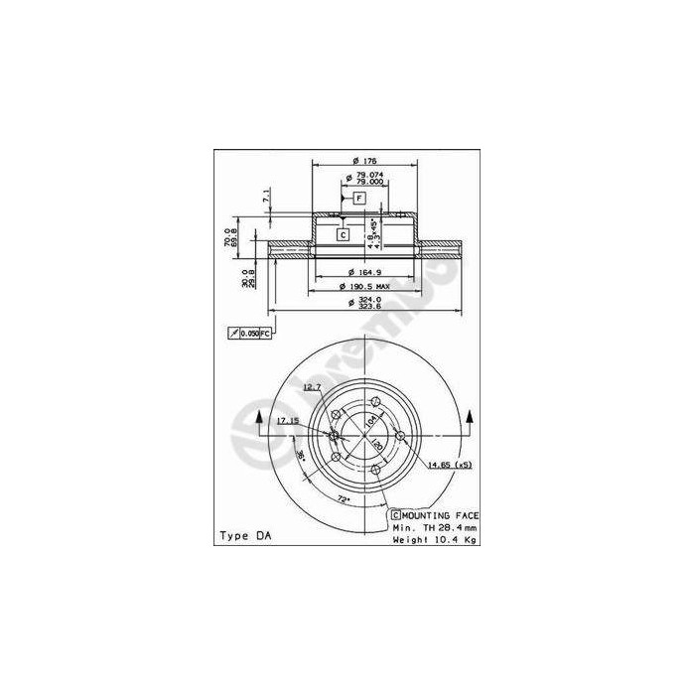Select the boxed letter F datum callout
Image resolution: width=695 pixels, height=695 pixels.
pyautogui.click(x=359, y=199)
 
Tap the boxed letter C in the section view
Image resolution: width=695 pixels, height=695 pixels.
pyautogui.click(x=342, y=235)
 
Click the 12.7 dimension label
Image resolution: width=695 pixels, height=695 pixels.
pyautogui.click(x=313, y=387)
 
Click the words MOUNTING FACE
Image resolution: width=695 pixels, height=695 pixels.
pyautogui.click(x=441, y=516)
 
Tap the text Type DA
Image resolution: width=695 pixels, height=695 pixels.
pyautogui.click(x=244, y=536)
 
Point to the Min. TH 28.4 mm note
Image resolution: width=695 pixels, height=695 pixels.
pyautogui.click(x=435, y=527)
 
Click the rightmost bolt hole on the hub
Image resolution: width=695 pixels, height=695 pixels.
pyautogui.click(x=400, y=436)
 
